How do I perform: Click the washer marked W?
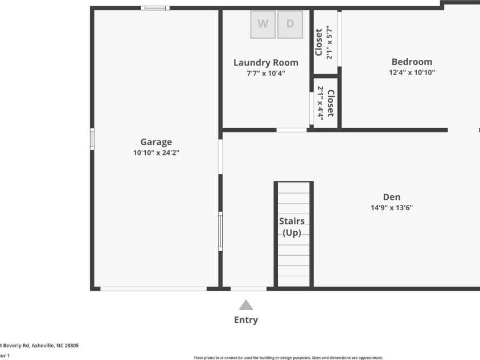(263, 24)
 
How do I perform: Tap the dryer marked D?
(290, 24)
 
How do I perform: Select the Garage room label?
(156, 142)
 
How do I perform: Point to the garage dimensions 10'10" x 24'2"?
(156, 153)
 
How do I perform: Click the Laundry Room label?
(266, 63)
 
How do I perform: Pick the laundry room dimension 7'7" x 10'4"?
(266, 73)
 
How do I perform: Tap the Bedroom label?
(412, 62)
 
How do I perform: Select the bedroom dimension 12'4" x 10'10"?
(412, 72)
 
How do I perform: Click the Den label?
(391, 197)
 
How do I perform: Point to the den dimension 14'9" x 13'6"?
(391, 208)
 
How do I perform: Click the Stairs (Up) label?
(292, 227)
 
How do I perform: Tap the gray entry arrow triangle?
(246, 305)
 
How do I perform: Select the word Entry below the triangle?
(246, 320)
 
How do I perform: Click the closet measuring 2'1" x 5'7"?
(323, 42)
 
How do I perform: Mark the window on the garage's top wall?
(155, 8)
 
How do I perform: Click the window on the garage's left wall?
(92, 139)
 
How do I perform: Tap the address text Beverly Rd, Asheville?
(40, 345)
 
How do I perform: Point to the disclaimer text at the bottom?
(289, 358)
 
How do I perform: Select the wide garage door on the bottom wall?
(154, 289)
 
